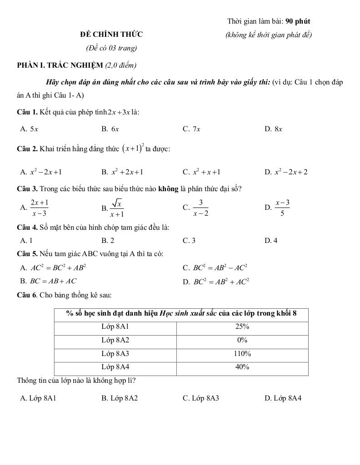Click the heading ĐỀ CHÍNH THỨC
coord(111,34)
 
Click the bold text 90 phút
coord(298,21)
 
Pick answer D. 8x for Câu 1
coord(273,129)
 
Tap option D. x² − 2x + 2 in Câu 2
coord(286,172)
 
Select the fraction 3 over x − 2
coord(200,208)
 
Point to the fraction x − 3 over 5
coord(282,208)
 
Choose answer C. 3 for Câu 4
coord(189,241)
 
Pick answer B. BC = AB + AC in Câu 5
coord(49,281)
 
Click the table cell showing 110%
coord(242,354)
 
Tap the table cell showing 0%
coord(242,340)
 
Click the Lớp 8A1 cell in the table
coord(115,326)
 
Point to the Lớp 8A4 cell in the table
coord(115,367)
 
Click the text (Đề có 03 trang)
coord(111,48)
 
